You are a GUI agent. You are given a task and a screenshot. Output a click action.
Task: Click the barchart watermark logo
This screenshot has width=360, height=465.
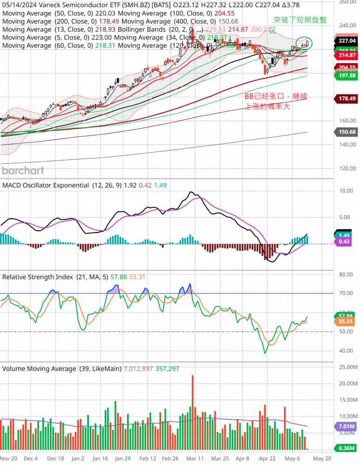23,170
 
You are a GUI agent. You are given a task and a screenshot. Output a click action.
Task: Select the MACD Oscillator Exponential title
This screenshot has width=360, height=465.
46,185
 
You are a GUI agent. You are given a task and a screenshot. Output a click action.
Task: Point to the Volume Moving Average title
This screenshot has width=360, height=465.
39,368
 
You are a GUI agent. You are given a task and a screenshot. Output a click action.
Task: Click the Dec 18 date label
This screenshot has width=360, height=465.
55,458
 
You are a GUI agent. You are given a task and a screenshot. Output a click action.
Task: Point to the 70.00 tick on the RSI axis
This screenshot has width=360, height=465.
346,293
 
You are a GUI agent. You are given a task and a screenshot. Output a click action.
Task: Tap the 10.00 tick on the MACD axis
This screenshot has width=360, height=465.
346,191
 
